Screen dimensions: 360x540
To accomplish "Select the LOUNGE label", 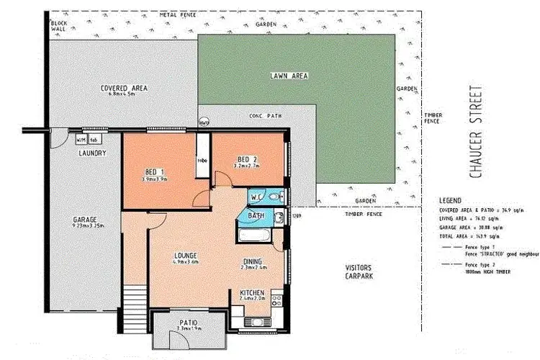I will pyautogui.click(x=186, y=256).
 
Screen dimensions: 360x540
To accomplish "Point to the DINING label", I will pyautogui.click(x=252, y=261).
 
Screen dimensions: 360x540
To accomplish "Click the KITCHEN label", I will pyautogui.click(x=252, y=293).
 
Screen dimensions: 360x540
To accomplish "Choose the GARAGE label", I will pyautogui.click(x=85, y=219).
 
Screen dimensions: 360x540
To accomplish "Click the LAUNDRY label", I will pyautogui.click(x=93, y=153).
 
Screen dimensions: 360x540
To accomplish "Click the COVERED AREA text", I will pyautogui.click(x=124, y=88).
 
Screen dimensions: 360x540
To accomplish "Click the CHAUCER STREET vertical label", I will pyautogui.click(x=474, y=133).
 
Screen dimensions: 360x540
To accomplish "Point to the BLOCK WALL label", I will pyautogui.click(x=59, y=27).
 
